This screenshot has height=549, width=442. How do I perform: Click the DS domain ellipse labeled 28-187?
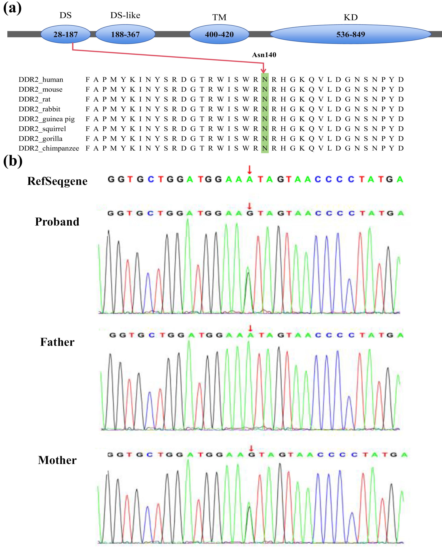click(x=66, y=34)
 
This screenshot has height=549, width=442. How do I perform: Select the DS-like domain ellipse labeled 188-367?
click(x=125, y=34)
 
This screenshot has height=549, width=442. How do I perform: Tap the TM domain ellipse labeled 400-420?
click(x=219, y=34)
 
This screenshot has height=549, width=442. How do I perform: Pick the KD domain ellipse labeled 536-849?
click(x=351, y=34)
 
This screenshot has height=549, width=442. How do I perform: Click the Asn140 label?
click(x=264, y=55)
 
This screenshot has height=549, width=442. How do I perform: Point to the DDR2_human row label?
click(x=41, y=80)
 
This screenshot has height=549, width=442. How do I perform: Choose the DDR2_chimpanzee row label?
click(x=49, y=148)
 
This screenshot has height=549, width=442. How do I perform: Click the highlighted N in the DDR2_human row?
click(x=265, y=80)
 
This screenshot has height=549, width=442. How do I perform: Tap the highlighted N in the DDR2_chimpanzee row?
click(x=265, y=148)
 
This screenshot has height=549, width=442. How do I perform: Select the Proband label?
click(x=57, y=222)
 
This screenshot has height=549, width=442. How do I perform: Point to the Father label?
click(x=57, y=342)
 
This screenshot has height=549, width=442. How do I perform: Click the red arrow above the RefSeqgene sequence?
click(x=250, y=169)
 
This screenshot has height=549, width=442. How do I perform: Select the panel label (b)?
click(x=13, y=161)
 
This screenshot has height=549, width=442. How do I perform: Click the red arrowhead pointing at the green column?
click(x=264, y=71)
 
